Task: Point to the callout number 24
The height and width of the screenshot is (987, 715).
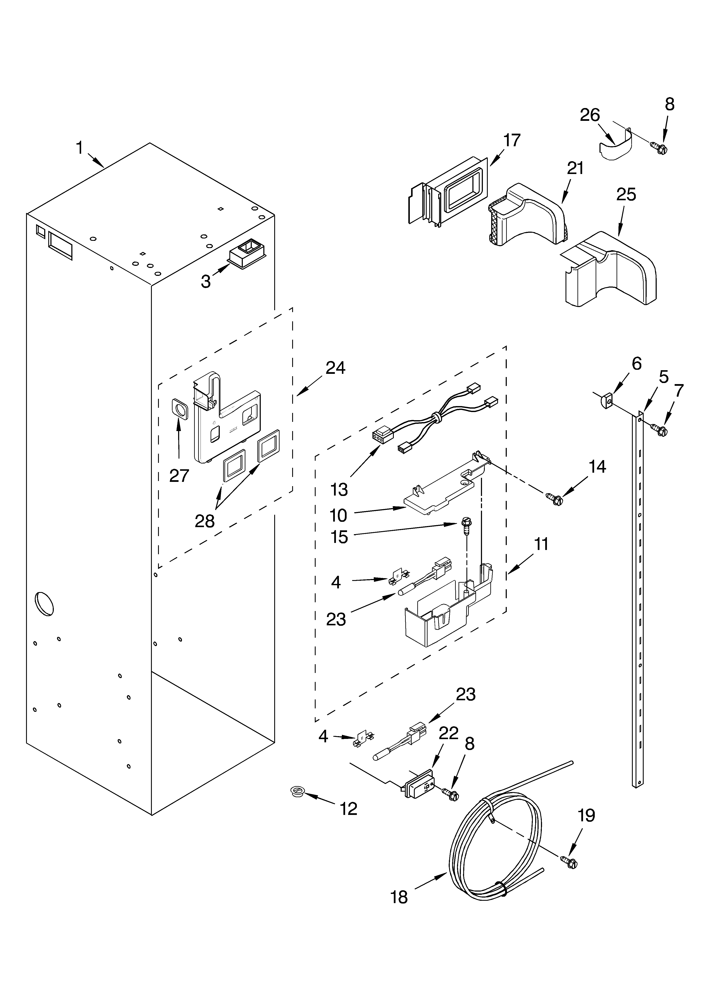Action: (x=335, y=368)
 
